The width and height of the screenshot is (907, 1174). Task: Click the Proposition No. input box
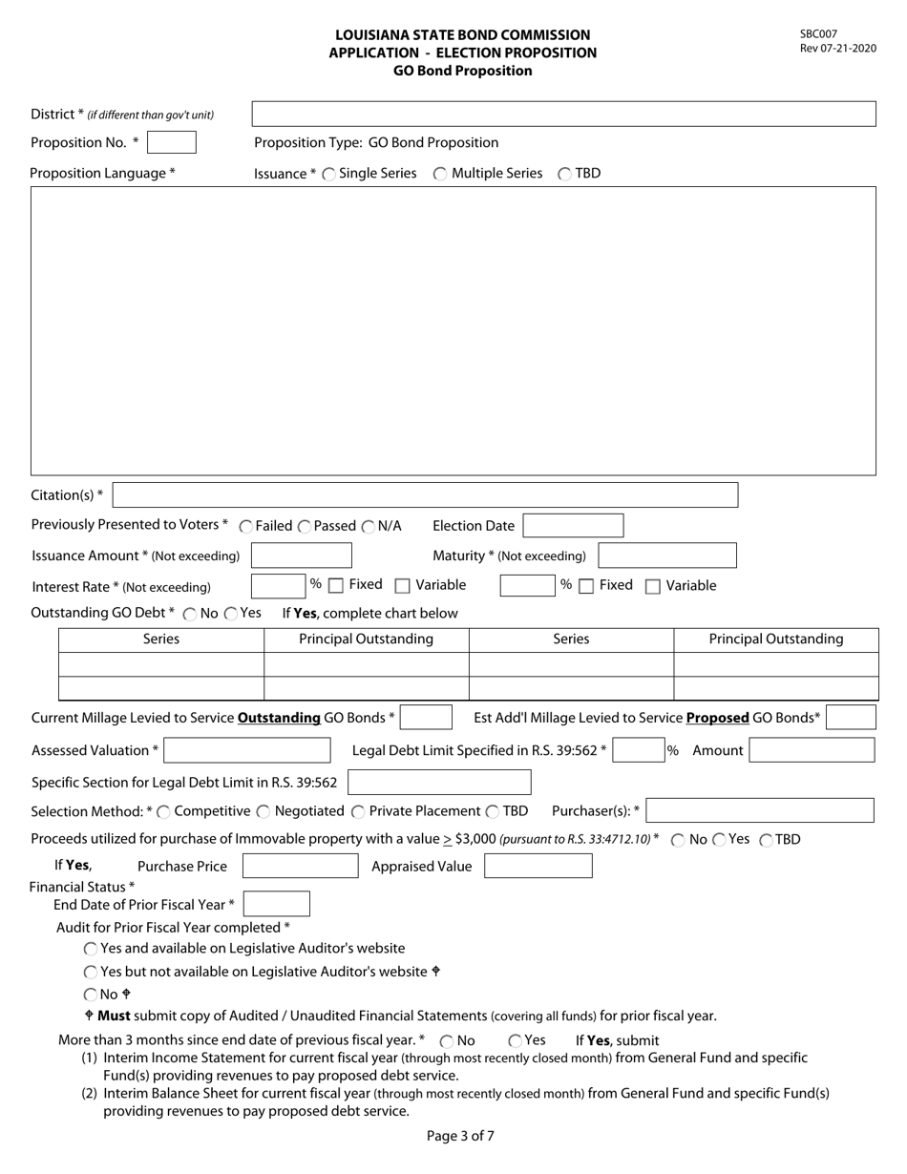(x=172, y=142)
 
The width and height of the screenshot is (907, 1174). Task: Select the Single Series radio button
(x=329, y=174)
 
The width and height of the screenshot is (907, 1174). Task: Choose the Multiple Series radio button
(x=440, y=174)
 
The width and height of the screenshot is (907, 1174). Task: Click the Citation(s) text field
(x=425, y=495)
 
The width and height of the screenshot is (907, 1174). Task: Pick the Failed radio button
(x=246, y=527)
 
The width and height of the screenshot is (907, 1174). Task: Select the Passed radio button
(x=305, y=527)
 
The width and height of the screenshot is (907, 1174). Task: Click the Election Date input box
(x=573, y=526)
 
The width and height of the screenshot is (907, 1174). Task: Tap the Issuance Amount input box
(x=302, y=556)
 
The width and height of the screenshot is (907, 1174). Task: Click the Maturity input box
(x=667, y=556)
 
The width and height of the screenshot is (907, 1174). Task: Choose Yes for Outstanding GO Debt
(x=231, y=614)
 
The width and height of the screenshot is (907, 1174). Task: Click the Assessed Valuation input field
(x=247, y=751)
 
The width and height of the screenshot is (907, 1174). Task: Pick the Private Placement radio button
(x=358, y=811)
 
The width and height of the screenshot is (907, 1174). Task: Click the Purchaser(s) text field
(x=760, y=810)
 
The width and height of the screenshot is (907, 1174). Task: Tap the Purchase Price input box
(x=301, y=867)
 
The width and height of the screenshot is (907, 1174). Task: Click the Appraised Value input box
(x=538, y=867)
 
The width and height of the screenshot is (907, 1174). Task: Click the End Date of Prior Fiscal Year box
(x=277, y=904)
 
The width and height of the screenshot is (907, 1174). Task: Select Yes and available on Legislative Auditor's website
(x=91, y=949)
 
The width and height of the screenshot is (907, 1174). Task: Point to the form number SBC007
(x=818, y=34)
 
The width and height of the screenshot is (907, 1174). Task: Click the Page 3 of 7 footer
(x=460, y=1136)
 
